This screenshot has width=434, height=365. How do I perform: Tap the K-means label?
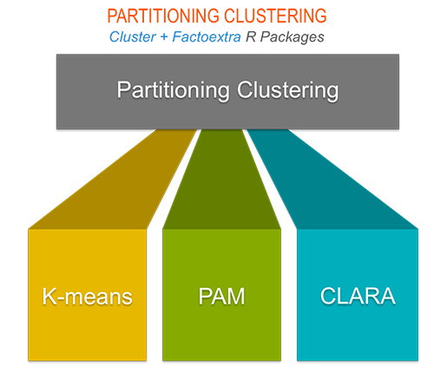[87, 297]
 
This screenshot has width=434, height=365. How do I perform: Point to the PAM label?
[221, 297]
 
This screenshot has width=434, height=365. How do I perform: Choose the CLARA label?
[358, 297]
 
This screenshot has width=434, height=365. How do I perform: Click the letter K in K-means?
[49, 297]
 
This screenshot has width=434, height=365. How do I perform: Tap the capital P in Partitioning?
[122, 89]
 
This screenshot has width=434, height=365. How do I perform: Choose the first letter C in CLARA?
[326, 297]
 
